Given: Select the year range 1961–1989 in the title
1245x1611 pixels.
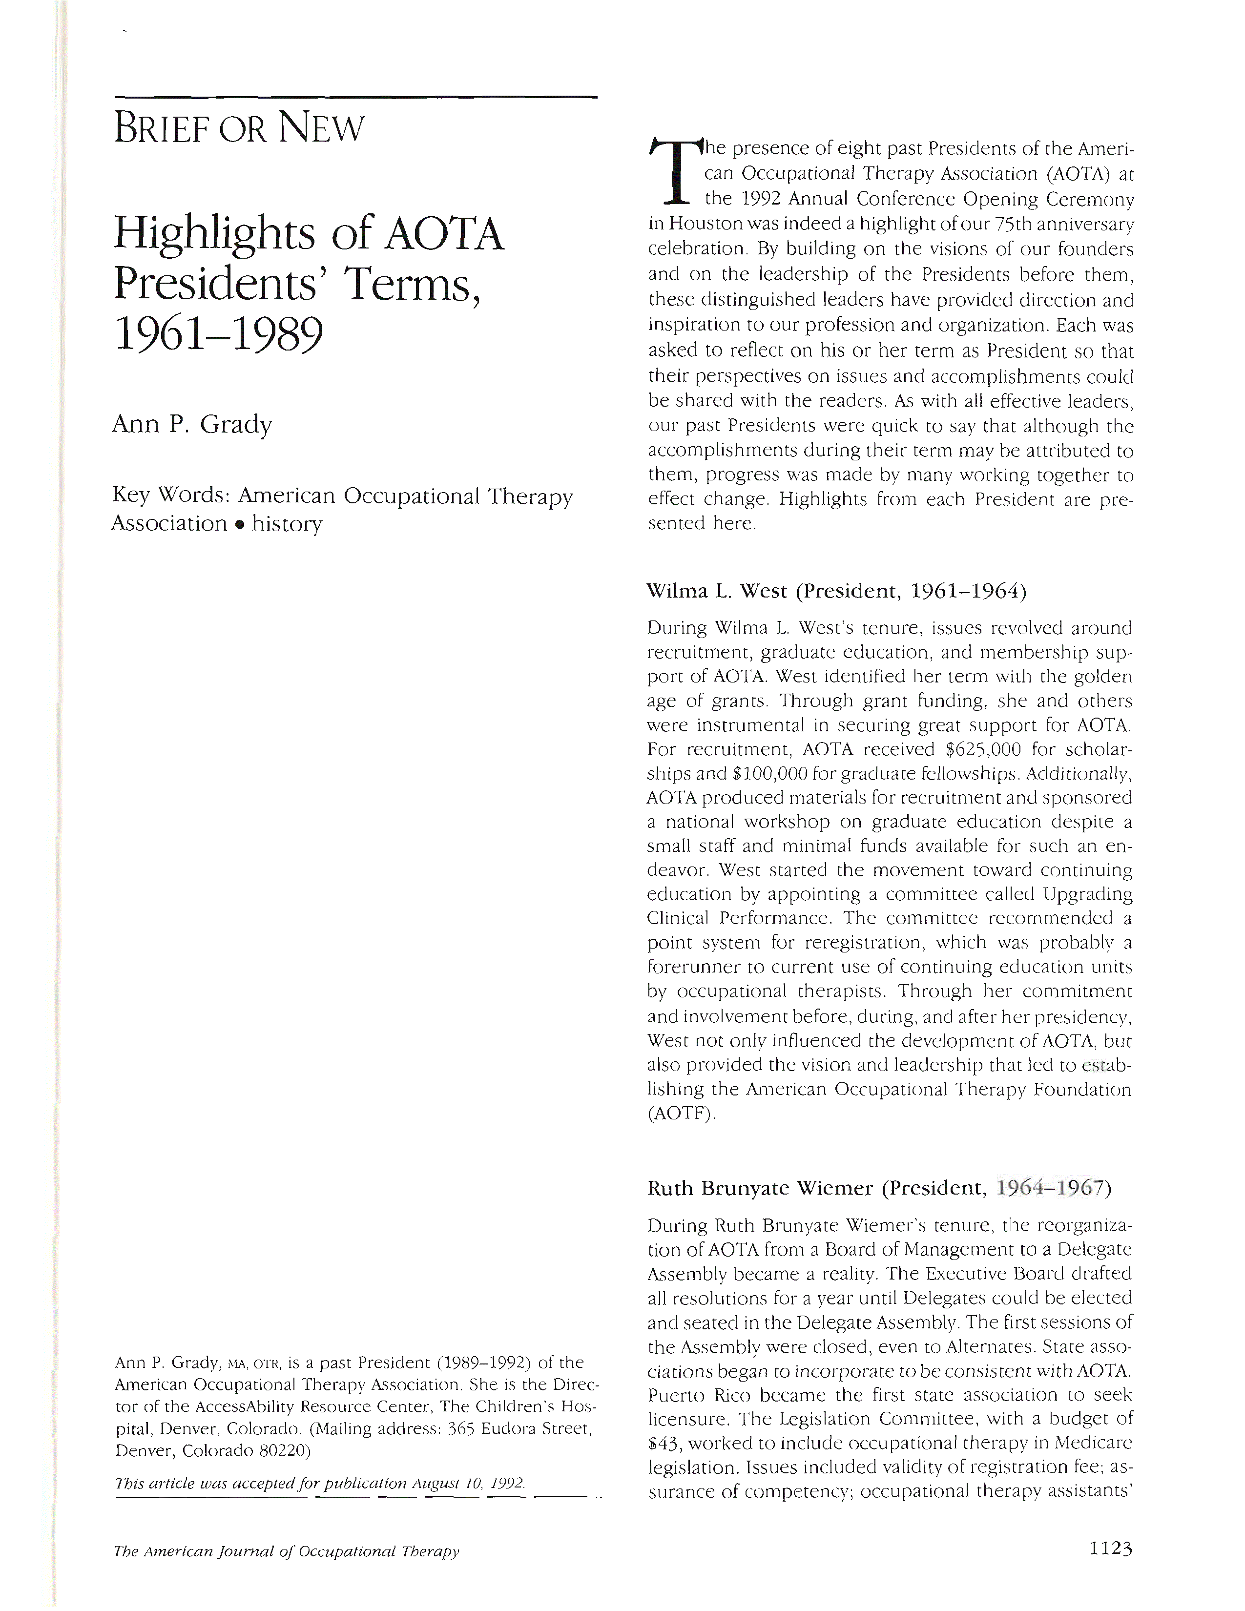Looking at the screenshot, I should tap(218, 336).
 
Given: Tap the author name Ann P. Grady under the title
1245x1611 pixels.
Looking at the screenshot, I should tap(192, 425).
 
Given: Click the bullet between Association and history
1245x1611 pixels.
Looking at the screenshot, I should tap(240, 524).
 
